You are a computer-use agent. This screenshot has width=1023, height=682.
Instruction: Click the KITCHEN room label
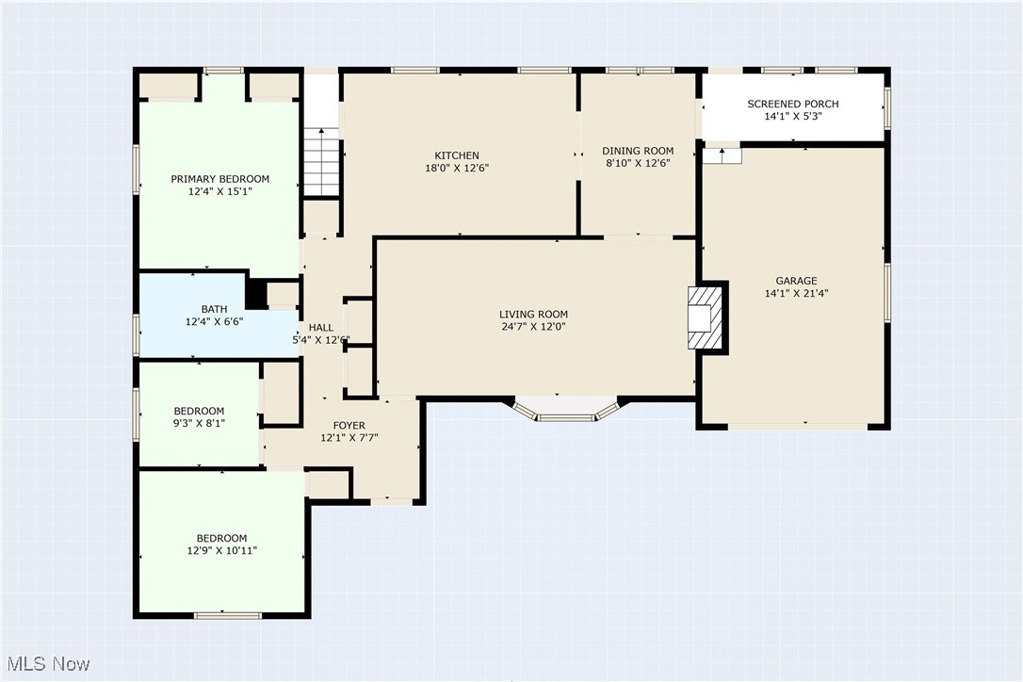pos(457,155)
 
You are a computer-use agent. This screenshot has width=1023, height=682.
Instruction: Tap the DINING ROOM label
pos(638,151)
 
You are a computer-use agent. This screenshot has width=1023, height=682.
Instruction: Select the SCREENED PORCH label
pos(793,104)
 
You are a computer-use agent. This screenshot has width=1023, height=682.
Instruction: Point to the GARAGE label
pos(796,282)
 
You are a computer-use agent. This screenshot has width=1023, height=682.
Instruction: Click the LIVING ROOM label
pos(533,314)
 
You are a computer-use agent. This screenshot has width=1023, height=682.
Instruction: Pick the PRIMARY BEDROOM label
pos(219,179)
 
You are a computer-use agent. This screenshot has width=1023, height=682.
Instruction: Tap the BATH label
pos(214,309)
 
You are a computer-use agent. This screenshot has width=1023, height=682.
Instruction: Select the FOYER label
pos(349,426)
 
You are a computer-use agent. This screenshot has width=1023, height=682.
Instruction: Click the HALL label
pos(321,328)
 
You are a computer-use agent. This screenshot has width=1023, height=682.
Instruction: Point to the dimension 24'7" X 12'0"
pos(533,326)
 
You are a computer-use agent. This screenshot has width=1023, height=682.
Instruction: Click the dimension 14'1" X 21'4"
pos(796,294)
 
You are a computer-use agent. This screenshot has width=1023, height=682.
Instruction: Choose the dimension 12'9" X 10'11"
pos(221,551)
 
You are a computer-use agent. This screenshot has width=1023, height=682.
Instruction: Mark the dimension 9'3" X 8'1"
pos(199,424)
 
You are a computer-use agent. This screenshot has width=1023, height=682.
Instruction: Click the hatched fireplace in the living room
pos(705,317)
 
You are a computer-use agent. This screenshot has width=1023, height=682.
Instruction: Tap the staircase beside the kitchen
pos(321,162)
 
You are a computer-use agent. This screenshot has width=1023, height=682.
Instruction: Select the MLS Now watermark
pos(48,664)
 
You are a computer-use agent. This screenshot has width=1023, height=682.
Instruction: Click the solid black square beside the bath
pos(256,294)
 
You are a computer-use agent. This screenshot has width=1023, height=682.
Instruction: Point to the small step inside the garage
pos(723,156)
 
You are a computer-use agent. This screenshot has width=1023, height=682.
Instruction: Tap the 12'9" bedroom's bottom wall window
pos(228,615)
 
